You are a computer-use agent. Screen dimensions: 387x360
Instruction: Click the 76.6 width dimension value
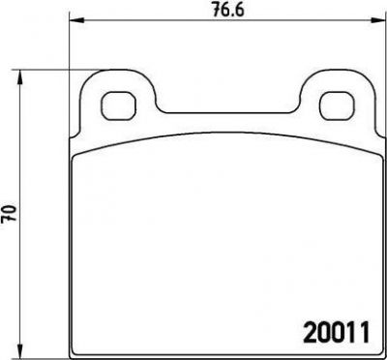[228, 11]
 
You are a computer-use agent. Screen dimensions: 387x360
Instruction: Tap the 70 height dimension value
[9, 215]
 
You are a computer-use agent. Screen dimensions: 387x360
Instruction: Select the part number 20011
[336, 332]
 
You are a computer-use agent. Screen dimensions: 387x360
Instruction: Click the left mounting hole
[119, 105]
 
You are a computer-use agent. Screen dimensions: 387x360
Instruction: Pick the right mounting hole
[337, 105]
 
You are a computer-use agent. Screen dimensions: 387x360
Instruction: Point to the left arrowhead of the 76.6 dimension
[76, 20]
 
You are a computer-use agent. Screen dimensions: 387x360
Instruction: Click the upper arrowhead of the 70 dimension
[20, 76]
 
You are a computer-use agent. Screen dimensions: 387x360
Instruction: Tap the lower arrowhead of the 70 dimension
[20, 351]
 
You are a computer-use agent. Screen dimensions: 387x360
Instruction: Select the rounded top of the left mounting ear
[119, 70]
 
